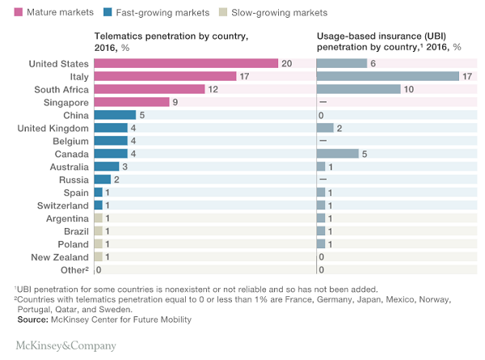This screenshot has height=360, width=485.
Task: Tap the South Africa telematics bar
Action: (x=150, y=89)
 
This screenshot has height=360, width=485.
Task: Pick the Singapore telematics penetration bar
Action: (x=132, y=102)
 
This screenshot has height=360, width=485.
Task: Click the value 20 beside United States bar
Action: (x=285, y=63)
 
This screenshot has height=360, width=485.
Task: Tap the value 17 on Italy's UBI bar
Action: (x=466, y=76)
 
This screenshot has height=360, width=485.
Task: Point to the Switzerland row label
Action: (x=61, y=205)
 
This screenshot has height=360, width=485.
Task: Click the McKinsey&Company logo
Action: (x=66, y=345)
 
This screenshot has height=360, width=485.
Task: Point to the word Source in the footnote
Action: (x=32, y=320)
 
